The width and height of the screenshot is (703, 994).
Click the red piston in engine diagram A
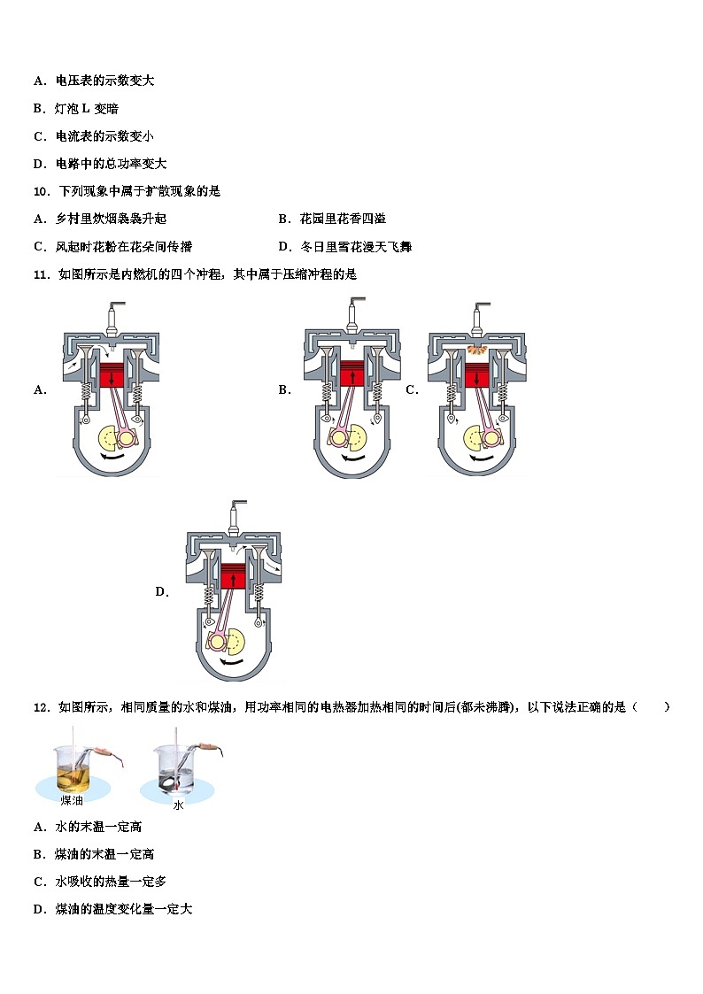coord(112,375)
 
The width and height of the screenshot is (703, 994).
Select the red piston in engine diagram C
coord(476,375)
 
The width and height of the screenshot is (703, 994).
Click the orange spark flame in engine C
coord(476,351)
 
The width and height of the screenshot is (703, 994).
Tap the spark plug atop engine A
coord(112,316)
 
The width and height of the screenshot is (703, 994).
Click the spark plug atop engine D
coord(234,515)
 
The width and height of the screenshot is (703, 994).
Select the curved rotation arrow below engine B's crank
coord(352,459)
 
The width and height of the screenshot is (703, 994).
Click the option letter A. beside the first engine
coord(40,389)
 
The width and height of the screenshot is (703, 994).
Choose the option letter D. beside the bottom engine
coord(162,592)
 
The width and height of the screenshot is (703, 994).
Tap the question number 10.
coord(41,191)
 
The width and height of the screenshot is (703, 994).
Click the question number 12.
coord(41,706)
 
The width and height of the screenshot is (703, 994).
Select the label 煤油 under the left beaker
coord(73,800)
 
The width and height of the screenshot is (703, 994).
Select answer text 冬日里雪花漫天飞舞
coord(355,247)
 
